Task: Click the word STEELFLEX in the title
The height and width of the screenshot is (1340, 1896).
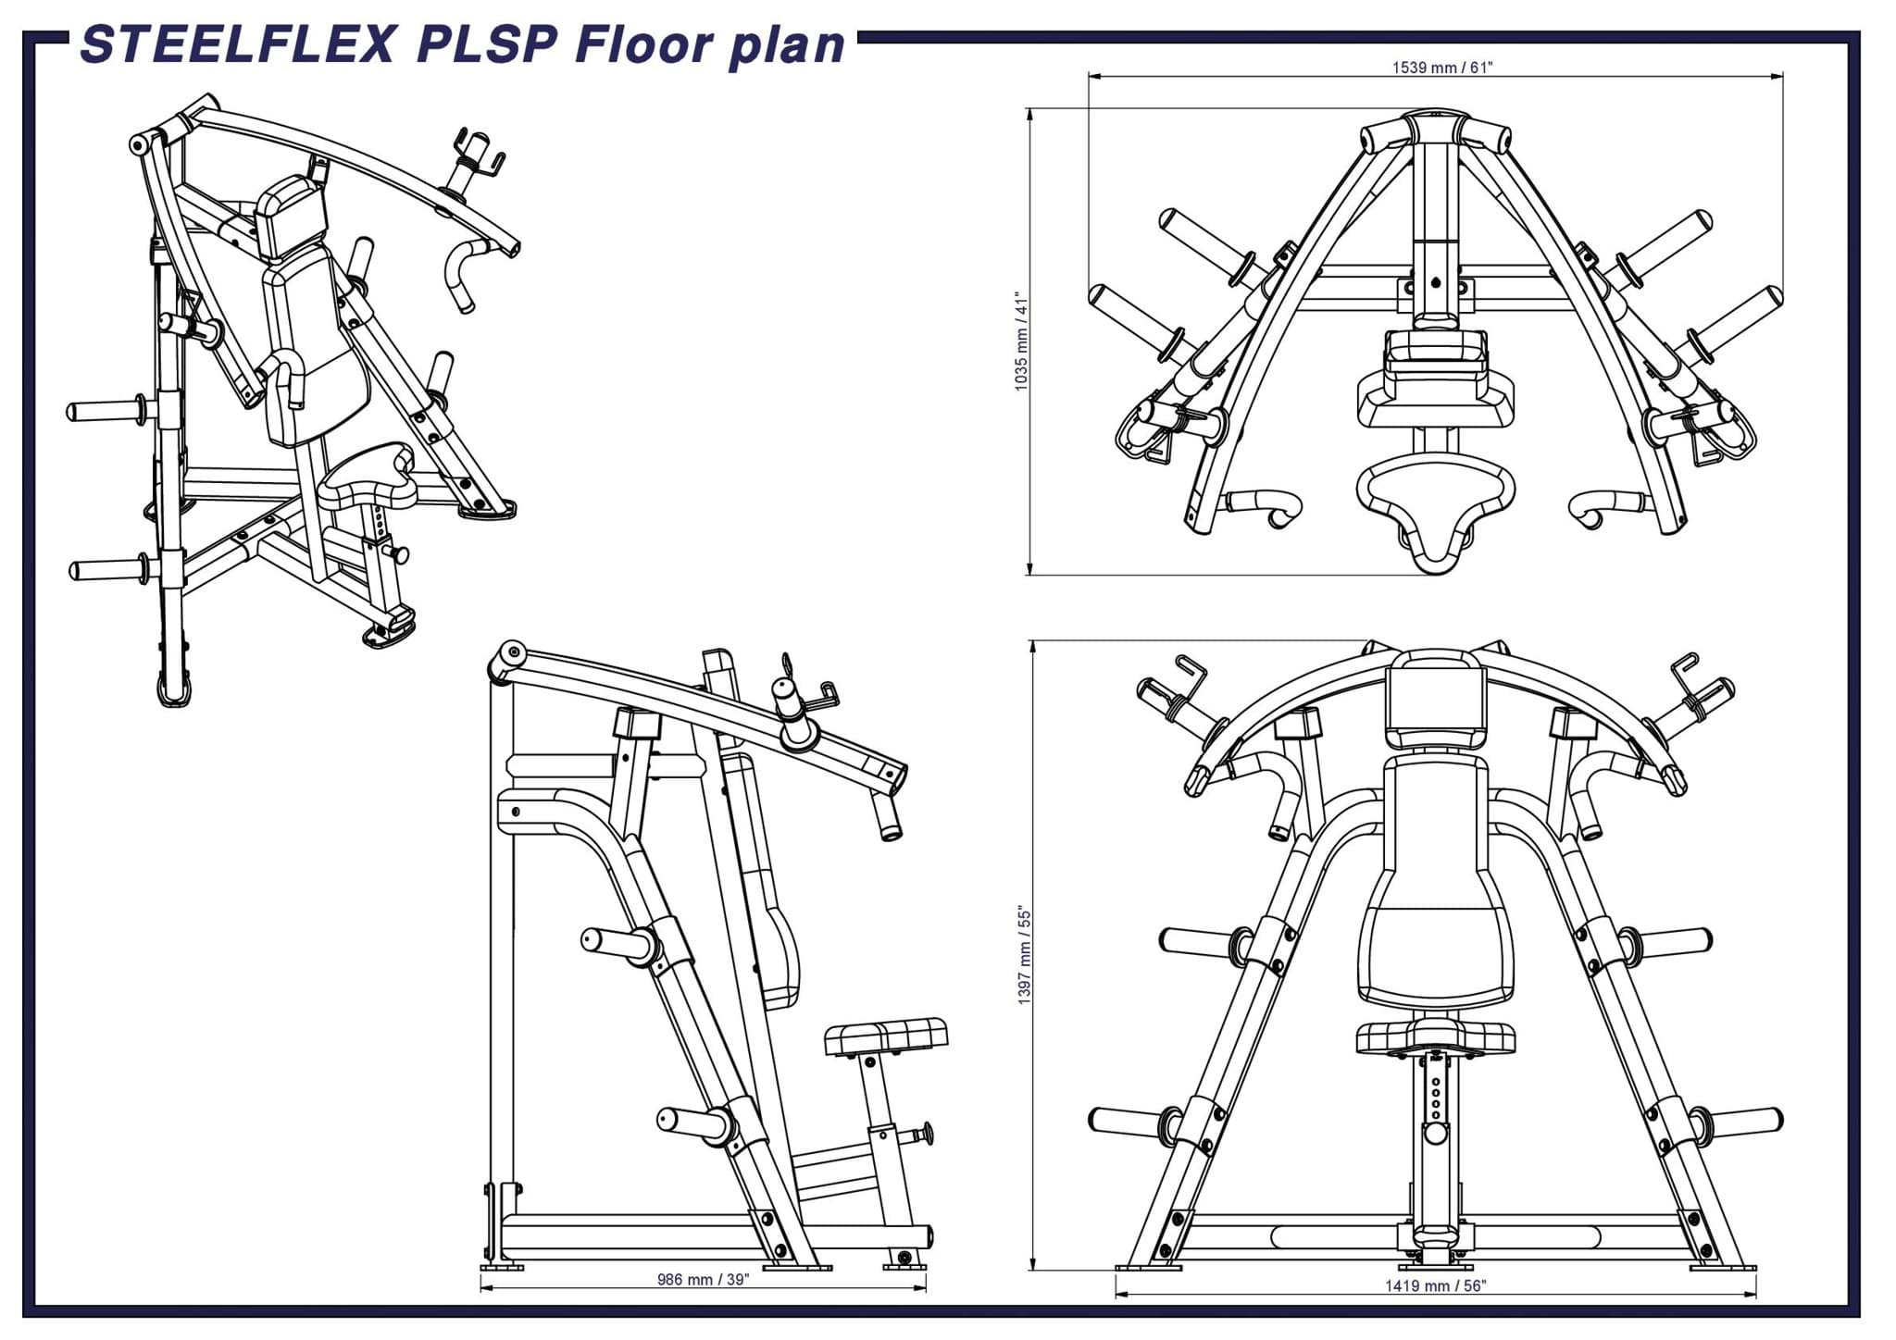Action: (239, 45)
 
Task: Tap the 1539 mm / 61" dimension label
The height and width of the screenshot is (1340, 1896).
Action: (1442, 68)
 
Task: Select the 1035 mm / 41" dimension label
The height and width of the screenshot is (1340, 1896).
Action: (1021, 342)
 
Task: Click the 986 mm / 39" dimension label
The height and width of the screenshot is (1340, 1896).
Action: (703, 1279)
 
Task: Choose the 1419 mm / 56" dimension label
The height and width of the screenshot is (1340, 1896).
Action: (1435, 1285)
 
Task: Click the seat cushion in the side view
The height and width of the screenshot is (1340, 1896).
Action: (886, 1036)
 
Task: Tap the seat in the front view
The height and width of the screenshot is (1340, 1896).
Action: (1435, 1037)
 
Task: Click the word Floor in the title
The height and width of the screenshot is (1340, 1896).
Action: (644, 45)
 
